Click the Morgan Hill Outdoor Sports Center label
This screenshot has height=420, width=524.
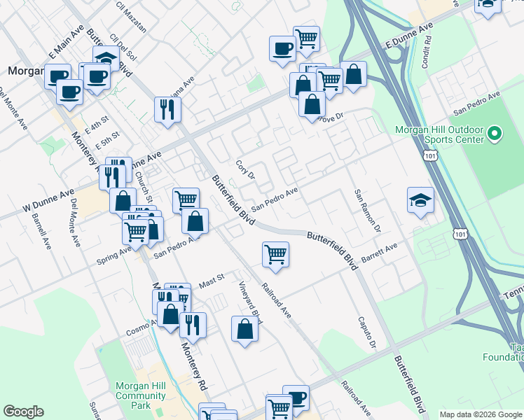pyautogui.click(x=439, y=134)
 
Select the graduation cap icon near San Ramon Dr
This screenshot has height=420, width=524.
pyautogui.click(x=420, y=200)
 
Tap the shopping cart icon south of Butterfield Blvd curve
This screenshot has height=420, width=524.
pyautogui.click(x=276, y=254)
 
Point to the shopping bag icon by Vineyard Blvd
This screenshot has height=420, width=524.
pyautogui.click(x=244, y=329)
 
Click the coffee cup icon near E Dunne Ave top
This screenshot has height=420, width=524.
pyautogui.click(x=282, y=49)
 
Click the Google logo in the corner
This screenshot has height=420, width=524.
pyautogui.click(x=23, y=412)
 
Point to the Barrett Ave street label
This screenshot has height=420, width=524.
pyautogui.click(x=379, y=256)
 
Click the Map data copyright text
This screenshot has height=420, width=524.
pyautogui.click(x=480, y=414)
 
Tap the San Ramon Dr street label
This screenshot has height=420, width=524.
pyautogui.click(x=367, y=211)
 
